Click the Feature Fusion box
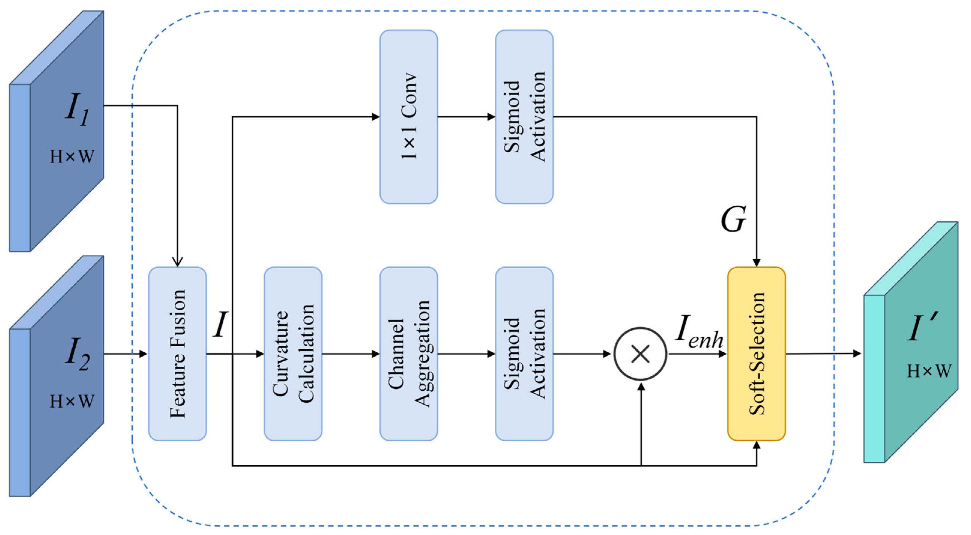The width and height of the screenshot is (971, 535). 177,354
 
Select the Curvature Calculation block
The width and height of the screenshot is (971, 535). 293,354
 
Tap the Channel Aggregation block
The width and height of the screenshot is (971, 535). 409,354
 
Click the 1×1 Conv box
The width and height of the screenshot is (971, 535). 409,117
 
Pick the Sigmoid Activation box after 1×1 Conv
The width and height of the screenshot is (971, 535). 524,117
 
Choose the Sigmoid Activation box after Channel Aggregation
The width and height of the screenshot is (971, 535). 524,354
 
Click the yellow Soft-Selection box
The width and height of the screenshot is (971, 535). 756,354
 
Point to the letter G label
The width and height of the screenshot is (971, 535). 733,219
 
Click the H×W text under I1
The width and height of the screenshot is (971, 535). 72,157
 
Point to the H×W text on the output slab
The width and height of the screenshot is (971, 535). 929,371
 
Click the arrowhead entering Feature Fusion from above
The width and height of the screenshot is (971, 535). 177,262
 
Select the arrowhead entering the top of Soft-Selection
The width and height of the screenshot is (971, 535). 756,263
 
